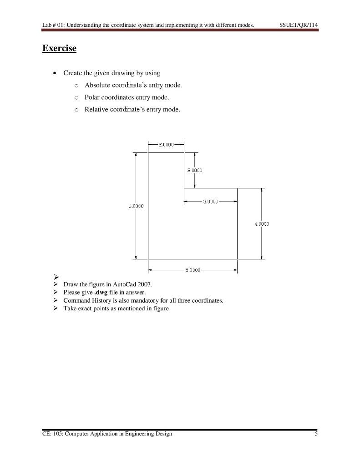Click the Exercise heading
click(59, 48)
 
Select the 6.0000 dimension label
click(136, 206)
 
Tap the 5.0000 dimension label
click(193, 270)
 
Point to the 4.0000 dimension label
click(262, 223)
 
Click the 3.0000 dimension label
click(210, 201)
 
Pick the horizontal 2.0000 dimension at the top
click(166, 144)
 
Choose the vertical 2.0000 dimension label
click(195, 170)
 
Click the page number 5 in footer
click(316, 434)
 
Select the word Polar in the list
click(92, 97)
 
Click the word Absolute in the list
click(97, 85)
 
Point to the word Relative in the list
click(96, 109)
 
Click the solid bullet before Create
click(55, 73)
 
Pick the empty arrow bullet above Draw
click(56, 277)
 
